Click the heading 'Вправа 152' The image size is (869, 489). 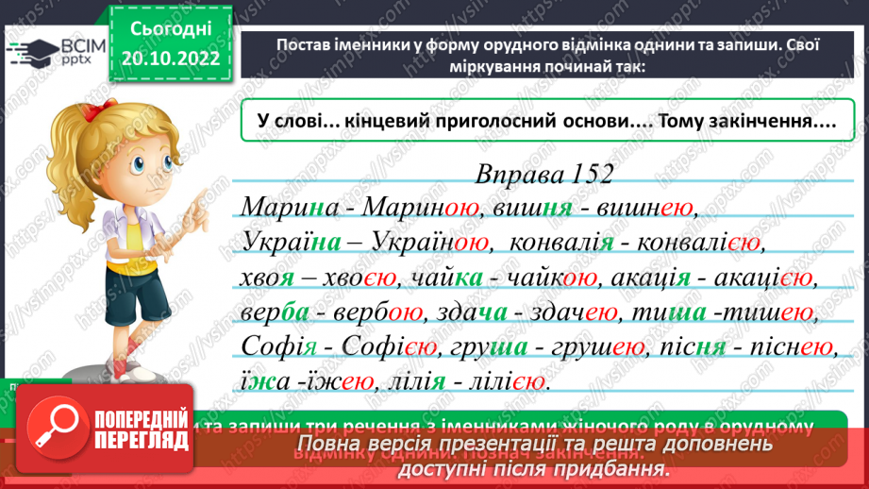[x=545, y=176]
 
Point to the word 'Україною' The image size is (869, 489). [x=435, y=243]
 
